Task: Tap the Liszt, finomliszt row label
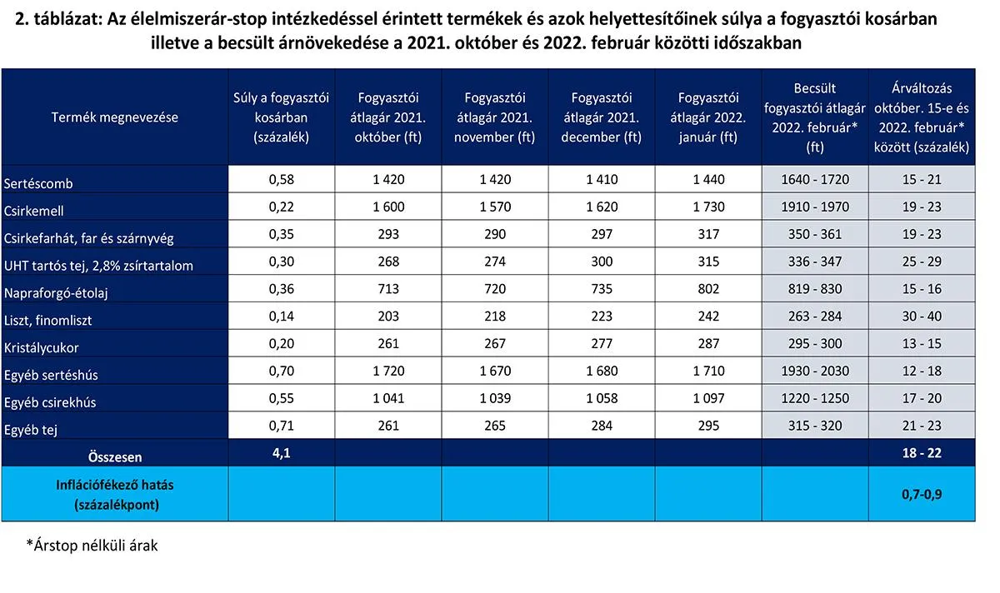click(x=47, y=320)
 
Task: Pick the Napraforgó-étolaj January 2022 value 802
click(x=708, y=292)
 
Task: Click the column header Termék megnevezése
click(x=115, y=117)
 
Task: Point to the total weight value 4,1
click(x=282, y=456)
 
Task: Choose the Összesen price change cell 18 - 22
click(x=922, y=456)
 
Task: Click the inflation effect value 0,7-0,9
click(x=922, y=494)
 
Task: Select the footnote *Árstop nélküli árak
click(x=92, y=546)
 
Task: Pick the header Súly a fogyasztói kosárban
click(x=282, y=117)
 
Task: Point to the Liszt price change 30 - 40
click(x=922, y=319)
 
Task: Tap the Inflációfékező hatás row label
click(x=115, y=494)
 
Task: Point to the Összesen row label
click(x=115, y=456)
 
